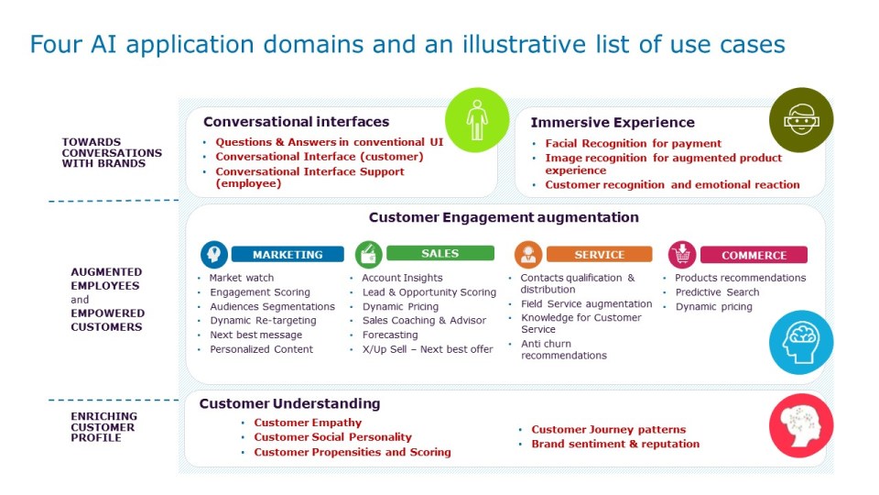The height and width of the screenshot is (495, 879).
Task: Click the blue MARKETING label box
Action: tap(288, 254)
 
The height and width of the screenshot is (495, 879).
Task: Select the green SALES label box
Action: tap(440, 253)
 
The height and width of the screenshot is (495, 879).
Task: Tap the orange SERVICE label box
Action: tap(599, 254)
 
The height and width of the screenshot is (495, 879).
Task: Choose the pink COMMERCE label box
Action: tap(754, 255)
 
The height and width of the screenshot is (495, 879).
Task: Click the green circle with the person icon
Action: tap(477, 120)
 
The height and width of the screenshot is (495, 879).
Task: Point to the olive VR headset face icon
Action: tap(801, 119)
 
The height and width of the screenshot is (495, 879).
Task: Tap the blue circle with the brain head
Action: tap(801, 342)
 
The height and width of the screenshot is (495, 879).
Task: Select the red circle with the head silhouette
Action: tap(801, 425)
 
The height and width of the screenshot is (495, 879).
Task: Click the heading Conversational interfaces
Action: tap(296, 122)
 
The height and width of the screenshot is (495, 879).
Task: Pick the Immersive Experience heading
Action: tap(613, 122)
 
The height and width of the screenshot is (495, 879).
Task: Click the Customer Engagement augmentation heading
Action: tap(504, 217)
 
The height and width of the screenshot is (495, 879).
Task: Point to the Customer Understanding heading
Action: tap(290, 403)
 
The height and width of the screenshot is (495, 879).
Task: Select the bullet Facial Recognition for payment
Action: tap(634, 143)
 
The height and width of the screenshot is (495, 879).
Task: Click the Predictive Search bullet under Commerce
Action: tap(717, 291)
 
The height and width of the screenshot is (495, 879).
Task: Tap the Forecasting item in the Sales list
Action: tap(390, 335)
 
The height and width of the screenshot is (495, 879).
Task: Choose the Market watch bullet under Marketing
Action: tap(242, 277)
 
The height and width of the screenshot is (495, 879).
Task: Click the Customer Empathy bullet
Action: tap(308, 423)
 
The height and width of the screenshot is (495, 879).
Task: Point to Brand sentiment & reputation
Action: tap(615, 444)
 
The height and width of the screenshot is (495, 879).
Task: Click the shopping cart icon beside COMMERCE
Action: tap(682, 255)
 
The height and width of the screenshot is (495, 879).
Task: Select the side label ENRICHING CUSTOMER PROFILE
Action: tap(103, 426)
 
